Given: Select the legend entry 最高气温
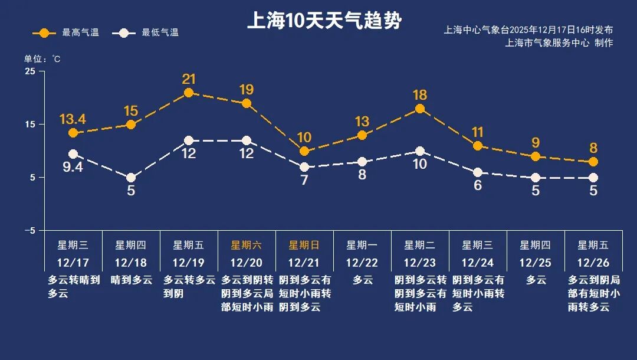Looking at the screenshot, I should [x=66, y=33].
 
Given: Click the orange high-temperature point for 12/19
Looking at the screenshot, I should [x=189, y=93].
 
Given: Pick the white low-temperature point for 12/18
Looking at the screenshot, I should [x=131, y=178].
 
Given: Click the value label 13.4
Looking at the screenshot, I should [x=73, y=119].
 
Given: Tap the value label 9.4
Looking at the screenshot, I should [x=73, y=168].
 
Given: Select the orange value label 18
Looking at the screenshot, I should [x=420, y=95].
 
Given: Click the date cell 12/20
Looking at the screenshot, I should [x=247, y=262].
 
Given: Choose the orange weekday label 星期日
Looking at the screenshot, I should [x=304, y=245].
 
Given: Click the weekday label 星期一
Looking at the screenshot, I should [x=362, y=245].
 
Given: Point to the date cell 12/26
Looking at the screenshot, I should [x=593, y=262].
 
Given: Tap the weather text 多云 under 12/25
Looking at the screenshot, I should [x=536, y=280].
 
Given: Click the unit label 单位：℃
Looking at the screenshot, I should [x=42, y=59].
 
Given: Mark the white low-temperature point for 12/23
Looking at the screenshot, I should [x=420, y=152].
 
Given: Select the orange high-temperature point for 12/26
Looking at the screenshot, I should [x=593, y=162].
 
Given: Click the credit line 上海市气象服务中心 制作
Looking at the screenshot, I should [x=559, y=43].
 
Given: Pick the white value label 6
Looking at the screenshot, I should [x=478, y=185].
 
